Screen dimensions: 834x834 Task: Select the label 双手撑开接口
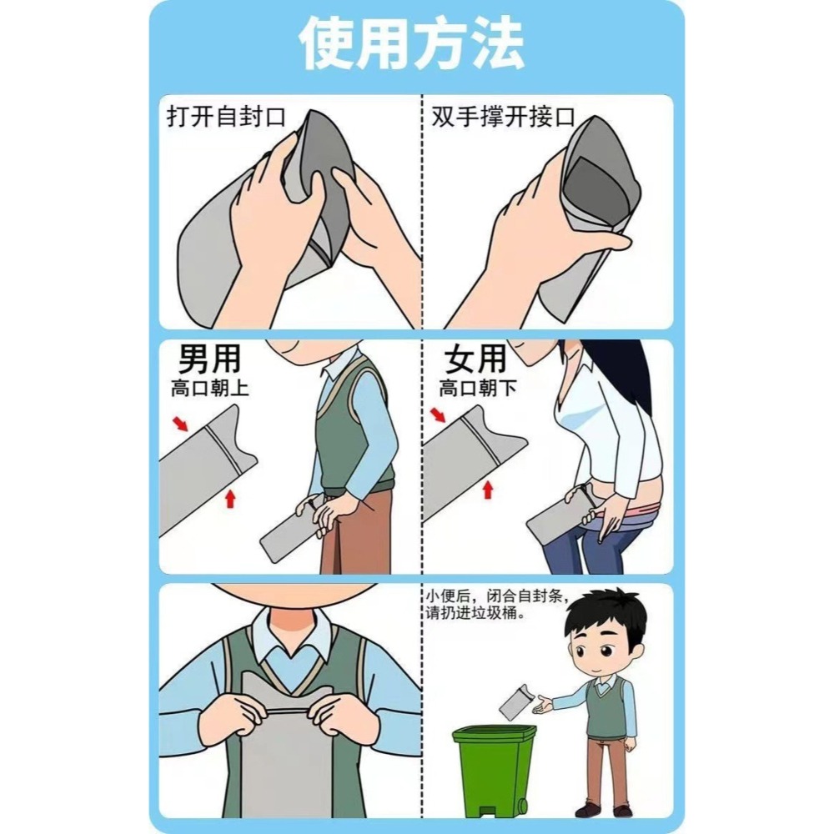click(504, 116)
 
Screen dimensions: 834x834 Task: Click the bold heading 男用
click(209, 358)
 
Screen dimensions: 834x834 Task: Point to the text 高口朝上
click(209, 388)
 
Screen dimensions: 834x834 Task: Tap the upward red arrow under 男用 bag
click(231, 498)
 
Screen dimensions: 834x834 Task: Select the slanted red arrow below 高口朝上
click(180, 425)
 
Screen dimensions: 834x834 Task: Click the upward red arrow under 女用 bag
click(486, 490)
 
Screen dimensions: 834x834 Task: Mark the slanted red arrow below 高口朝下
click(438, 415)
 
